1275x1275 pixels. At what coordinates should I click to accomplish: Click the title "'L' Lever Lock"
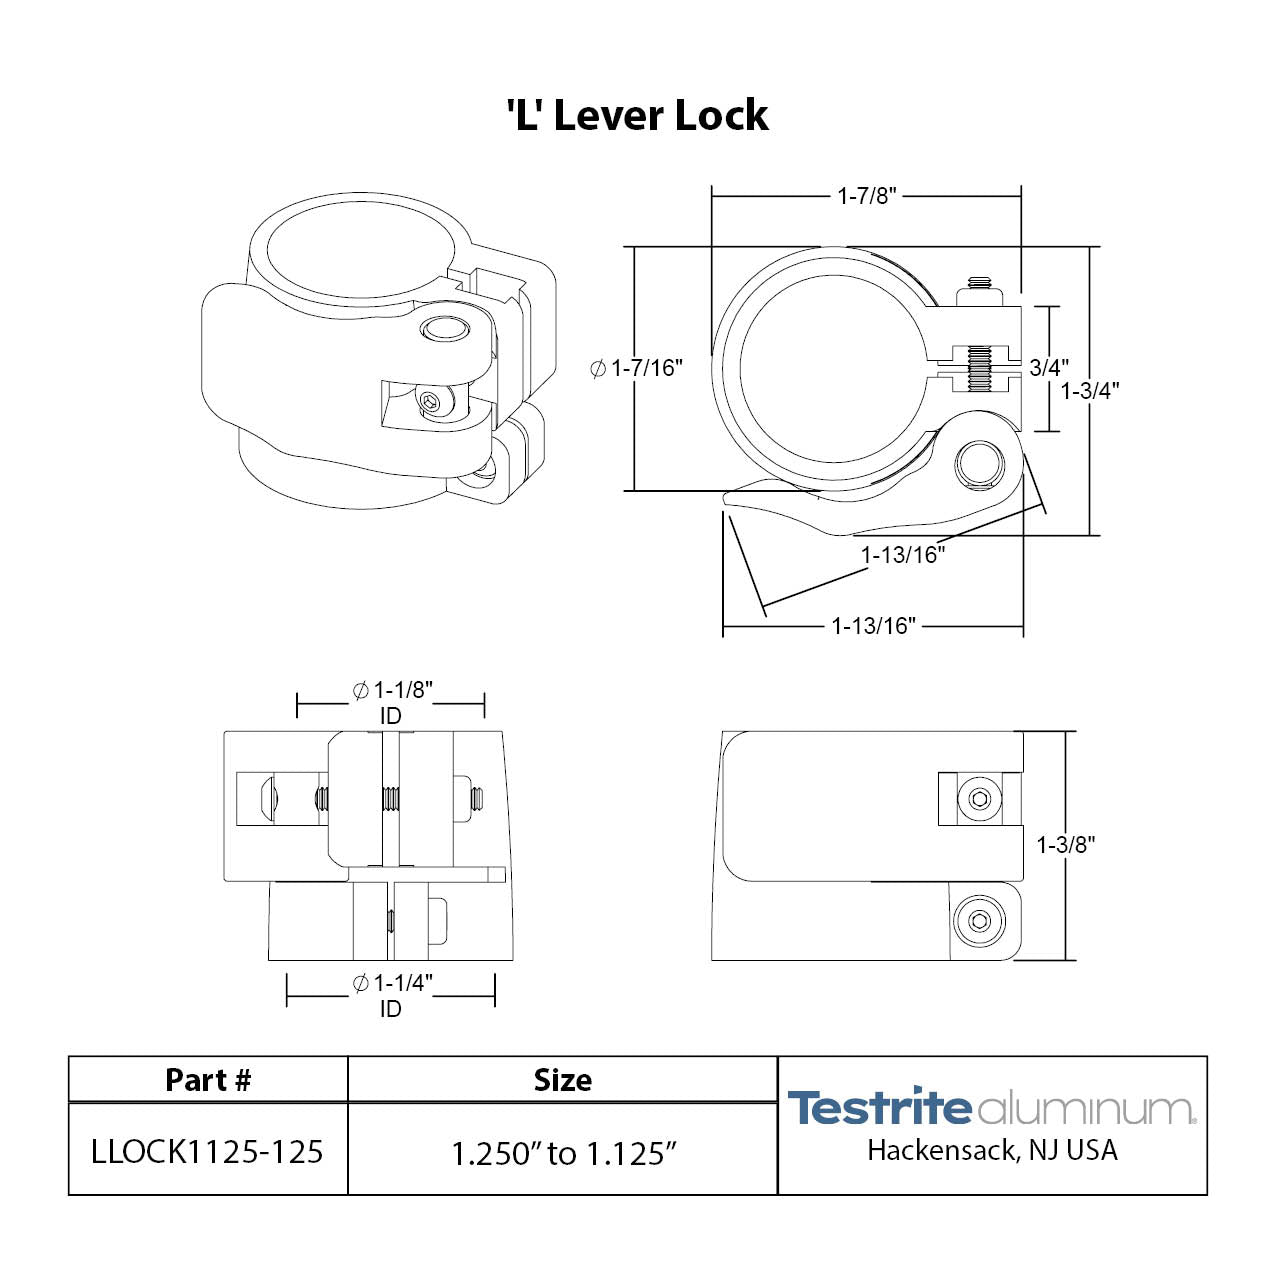pos(637,116)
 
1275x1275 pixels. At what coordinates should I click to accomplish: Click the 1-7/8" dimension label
pos(867,196)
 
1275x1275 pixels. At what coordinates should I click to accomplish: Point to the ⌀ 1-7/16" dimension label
pos(637,369)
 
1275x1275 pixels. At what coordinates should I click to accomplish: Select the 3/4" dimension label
pos(1049,368)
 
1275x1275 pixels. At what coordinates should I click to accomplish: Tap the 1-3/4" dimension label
pos(1090,391)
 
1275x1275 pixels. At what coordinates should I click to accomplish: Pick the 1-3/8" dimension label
pos(1066,845)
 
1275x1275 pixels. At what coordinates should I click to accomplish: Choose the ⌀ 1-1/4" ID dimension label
pos(392,995)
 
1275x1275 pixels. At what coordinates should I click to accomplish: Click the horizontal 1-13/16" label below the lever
pos(873,627)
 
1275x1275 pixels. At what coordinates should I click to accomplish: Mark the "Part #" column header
pos(208,1080)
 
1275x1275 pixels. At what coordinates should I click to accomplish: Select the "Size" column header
pos(562,1080)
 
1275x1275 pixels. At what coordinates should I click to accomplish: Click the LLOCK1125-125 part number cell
pos(208,1152)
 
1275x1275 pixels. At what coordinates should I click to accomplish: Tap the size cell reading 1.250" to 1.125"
pos(563,1153)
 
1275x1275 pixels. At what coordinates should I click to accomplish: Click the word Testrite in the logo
pos(879,1108)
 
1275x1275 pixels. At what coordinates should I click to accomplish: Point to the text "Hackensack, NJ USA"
pos(992,1151)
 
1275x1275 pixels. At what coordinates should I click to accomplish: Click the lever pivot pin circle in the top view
pos(978,463)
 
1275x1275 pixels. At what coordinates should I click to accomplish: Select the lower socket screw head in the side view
pos(978,919)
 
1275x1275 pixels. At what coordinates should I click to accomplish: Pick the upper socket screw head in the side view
pos(979,798)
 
